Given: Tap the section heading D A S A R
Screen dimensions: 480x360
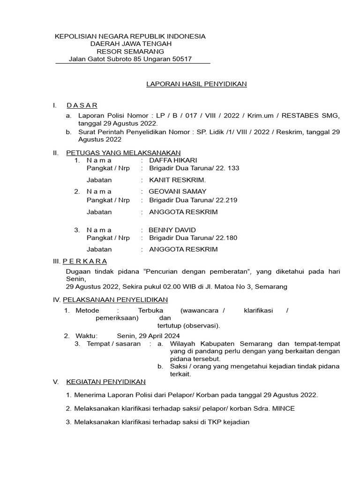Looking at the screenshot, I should coord(82,105).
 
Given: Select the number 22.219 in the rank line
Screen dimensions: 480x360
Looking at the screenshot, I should coord(226,200).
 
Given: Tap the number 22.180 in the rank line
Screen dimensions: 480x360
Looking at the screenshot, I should coord(226,238).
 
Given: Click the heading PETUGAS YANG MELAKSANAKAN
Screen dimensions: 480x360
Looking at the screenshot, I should coord(123,153).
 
